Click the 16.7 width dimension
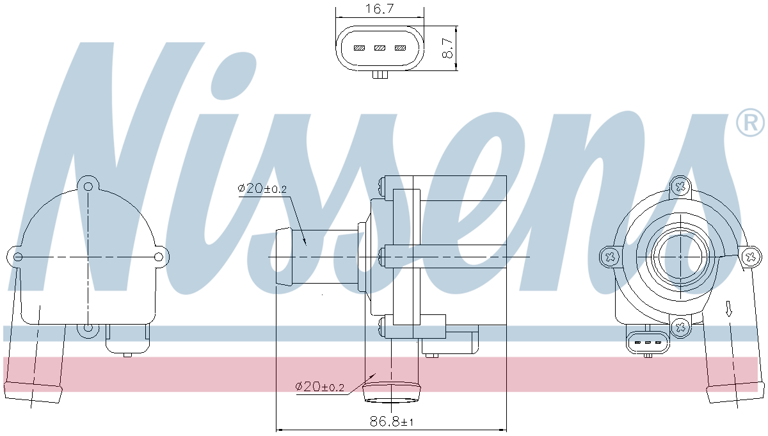point(379,8)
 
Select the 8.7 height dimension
point(448,49)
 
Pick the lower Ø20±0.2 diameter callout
point(319,387)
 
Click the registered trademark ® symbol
point(749,122)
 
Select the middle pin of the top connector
point(380,48)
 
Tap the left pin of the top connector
point(360,48)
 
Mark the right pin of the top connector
point(401,48)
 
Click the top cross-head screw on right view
point(681,188)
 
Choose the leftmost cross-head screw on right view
point(610,257)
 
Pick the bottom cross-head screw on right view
point(680,327)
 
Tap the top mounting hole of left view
point(88,187)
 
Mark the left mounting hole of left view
point(18,257)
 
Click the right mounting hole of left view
point(159,257)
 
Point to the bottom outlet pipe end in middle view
point(392,394)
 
